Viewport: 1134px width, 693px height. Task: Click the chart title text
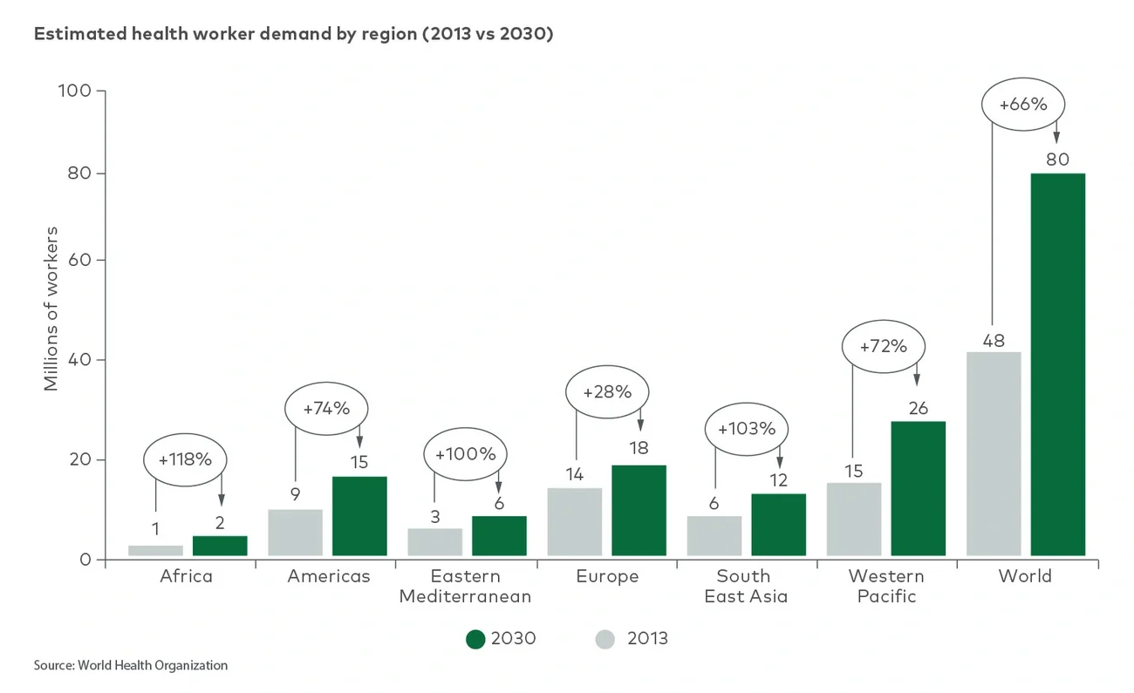click(293, 35)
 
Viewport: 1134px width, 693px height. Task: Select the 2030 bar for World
click(1057, 364)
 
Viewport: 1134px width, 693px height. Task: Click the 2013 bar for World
click(994, 453)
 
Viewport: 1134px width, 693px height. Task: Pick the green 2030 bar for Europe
click(639, 510)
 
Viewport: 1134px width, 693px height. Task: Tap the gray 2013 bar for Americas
click(295, 533)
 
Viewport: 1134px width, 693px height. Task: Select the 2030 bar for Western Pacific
click(918, 488)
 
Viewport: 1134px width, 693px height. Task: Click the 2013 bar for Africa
click(155, 550)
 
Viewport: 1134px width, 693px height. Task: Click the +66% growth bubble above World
click(1022, 105)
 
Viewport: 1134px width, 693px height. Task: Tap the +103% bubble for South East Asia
click(746, 429)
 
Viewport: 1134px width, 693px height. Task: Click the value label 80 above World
click(1057, 159)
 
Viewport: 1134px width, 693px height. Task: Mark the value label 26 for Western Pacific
click(918, 407)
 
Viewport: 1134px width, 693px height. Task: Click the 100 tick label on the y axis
click(74, 91)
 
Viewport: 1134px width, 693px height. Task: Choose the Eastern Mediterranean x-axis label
click(465, 586)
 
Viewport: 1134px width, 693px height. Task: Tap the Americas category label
click(329, 576)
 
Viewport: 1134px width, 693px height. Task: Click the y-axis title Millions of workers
click(51, 309)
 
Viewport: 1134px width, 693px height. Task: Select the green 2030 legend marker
click(475, 639)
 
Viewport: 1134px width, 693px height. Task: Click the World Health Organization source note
click(131, 665)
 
